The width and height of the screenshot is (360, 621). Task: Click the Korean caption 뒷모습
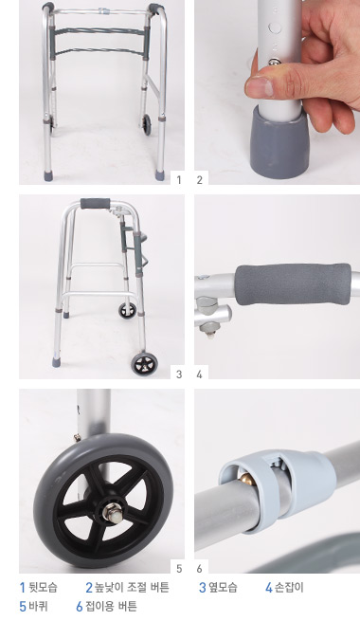[x=44, y=587]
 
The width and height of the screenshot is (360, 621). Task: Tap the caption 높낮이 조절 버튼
[x=132, y=587]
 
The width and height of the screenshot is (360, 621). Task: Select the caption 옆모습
[x=223, y=587]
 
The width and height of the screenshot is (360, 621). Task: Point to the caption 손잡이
[x=289, y=587]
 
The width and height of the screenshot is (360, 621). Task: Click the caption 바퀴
[x=38, y=606]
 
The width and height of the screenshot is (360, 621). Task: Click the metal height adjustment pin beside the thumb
[x=273, y=62]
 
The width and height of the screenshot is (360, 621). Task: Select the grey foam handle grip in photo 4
[x=293, y=284]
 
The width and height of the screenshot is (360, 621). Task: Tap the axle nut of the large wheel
[x=109, y=514]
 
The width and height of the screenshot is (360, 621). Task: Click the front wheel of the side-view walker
[x=144, y=363]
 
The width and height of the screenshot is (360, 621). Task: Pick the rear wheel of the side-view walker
[x=127, y=310]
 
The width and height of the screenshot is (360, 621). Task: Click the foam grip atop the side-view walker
[x=95, y=204]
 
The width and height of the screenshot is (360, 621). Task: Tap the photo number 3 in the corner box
[x=179, y=374]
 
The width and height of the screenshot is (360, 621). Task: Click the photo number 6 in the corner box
[x=199, y=569]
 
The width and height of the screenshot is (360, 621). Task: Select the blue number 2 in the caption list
[x=89, y=587]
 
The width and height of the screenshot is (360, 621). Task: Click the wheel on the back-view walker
[x=147, y=124]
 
